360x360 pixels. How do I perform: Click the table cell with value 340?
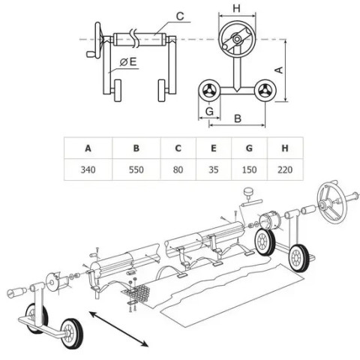(88, 169)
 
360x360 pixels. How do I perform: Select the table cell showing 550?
(136, 169)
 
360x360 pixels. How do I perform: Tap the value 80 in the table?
(178, 169)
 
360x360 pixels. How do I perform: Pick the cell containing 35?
(214, 169)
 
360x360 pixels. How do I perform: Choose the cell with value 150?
(249, 169)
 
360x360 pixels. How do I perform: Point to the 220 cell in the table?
(285, 169)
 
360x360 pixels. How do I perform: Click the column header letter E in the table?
(214, 148)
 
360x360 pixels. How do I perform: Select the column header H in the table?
(285, 148)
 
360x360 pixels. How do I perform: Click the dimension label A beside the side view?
(279, 70)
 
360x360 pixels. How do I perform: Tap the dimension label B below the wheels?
(238, 118)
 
